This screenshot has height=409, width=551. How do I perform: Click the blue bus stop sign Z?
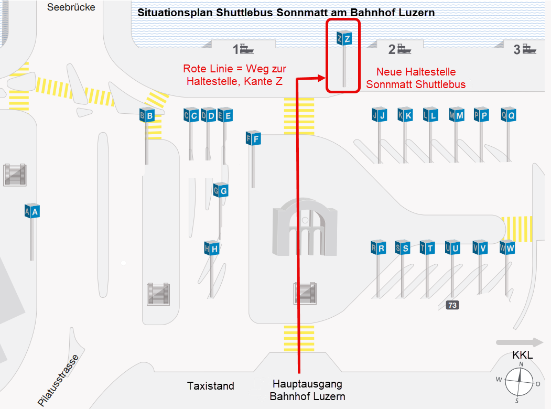(x=343, y=38)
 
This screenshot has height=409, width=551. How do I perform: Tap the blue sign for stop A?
(x=32, y=211)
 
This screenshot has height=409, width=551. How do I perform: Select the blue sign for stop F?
(x=253, y=139)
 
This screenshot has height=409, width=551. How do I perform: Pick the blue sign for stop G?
(x=221, y=191)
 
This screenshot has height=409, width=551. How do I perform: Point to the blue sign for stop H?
(x=211, y=249)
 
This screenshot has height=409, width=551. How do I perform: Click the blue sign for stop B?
(x=147, y=115)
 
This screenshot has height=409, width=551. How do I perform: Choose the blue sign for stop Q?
(x=508, y=115)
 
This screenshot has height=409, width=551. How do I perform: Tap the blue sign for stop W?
(x=507, y=247)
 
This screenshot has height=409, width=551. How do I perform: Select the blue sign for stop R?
(x=378, y=247)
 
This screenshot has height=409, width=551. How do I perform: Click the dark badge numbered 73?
(x=452, y=305)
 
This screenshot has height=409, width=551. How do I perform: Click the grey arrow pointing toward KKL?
(x=520, y=342)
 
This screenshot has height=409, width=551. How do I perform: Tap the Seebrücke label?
(x=71, y=7)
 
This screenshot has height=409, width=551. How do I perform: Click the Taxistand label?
(x=211, y=386)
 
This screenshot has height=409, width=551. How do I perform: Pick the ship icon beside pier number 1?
(x=247, y=49)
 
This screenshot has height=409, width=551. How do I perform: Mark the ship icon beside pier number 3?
(x=529, y=49)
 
